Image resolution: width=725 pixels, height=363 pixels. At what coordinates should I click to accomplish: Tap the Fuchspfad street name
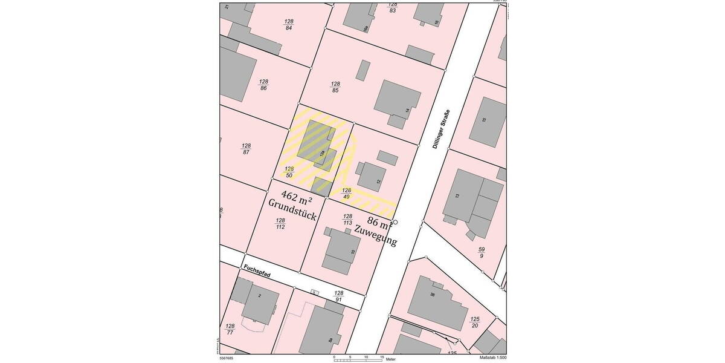click(x=257, y=271)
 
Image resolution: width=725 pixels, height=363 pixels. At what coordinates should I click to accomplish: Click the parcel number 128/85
click(x=335, y=87)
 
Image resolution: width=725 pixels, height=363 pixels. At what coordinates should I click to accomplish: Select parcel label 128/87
click(x=246, y=149)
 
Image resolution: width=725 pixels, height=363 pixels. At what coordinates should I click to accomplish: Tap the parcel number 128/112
click(x=280, y=224)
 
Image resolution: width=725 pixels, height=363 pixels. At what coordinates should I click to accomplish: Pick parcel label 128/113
click(x=347, y=220)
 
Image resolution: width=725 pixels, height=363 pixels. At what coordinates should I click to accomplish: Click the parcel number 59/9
click(x=482, y=252)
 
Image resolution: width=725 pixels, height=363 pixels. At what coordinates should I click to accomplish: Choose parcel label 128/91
click(x=339, y=296)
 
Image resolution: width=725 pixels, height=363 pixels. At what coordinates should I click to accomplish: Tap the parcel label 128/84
click(x=289, y=24)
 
